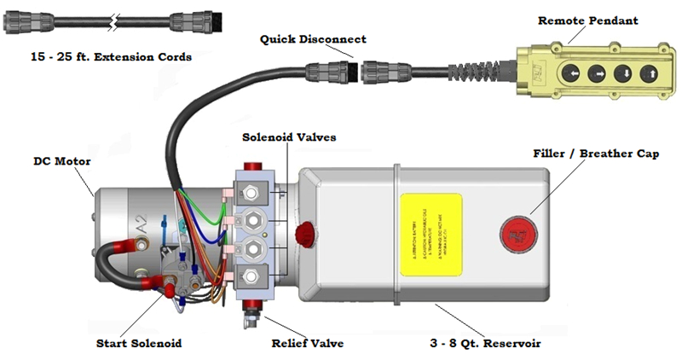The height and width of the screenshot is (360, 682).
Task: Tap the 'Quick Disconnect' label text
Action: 313,39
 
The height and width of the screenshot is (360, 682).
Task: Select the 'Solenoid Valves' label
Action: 278,136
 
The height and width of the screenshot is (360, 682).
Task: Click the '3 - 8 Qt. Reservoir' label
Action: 483,344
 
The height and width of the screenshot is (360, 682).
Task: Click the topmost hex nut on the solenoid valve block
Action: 253,189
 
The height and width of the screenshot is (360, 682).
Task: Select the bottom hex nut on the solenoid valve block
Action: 253,276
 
